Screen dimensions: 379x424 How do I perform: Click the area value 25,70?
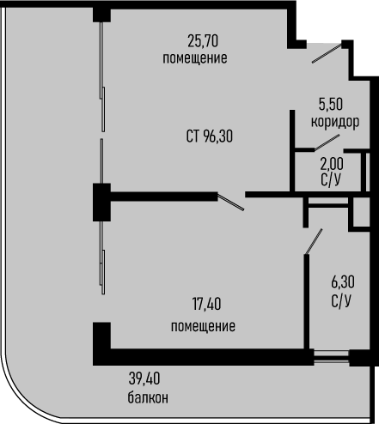(x=203, y=40)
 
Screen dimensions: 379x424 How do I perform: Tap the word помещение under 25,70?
(x=195, y=58)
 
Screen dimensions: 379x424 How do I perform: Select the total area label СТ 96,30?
(x=210, y=136)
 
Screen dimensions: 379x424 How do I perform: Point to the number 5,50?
(x=331, y=104)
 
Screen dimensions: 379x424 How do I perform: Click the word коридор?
(x=335, y=122)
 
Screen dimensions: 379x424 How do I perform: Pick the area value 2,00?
(x=332, y=164)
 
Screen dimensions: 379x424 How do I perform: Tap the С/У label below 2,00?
(x=331, y=180)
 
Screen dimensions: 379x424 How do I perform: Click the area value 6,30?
(x=343, y=282)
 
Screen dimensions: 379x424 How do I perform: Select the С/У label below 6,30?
(x=341, y=300)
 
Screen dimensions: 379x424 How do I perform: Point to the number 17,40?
(x=206, y=304)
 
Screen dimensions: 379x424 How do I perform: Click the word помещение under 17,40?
(x=203, y=326)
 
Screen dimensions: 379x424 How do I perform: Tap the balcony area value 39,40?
(x=144, y=379)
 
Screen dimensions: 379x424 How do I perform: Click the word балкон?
(x=148, y=397)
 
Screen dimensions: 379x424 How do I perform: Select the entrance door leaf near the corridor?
(x=327, y=53)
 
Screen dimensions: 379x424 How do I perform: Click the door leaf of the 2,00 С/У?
(x=327, y=142)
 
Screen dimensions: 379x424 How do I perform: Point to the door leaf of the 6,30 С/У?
(x=314, y=241)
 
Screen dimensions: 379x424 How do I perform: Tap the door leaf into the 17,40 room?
(x=231, y=202)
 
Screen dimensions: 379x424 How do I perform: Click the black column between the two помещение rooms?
(x=101, y=203)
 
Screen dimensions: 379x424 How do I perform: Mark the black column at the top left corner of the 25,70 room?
(x=101, y=15)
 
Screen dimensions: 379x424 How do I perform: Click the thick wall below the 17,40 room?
(x=203, y=357)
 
